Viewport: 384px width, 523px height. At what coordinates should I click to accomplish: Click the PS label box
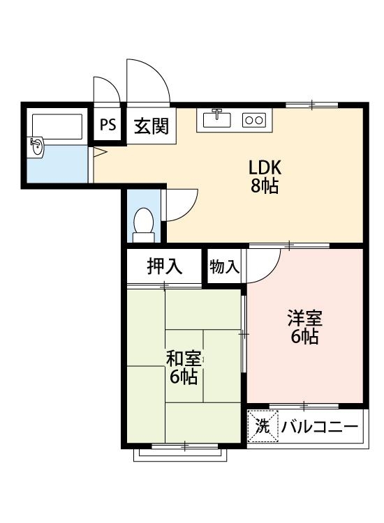tap(108, 126)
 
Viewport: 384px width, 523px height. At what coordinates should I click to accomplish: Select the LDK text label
tap(265, 168)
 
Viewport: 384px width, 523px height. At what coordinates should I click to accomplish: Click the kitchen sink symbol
tap(217, 119)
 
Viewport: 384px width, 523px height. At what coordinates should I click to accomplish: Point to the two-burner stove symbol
tap(253, 120)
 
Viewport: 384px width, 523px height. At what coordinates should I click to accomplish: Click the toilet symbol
tap(143, 224)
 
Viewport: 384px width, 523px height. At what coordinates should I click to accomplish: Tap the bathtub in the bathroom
tap(58, 126)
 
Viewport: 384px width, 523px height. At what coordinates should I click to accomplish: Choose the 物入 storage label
tap(225, 266)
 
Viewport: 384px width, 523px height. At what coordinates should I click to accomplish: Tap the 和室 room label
tap(184, 359)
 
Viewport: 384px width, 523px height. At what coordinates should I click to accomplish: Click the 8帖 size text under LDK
tap(265, 186)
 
